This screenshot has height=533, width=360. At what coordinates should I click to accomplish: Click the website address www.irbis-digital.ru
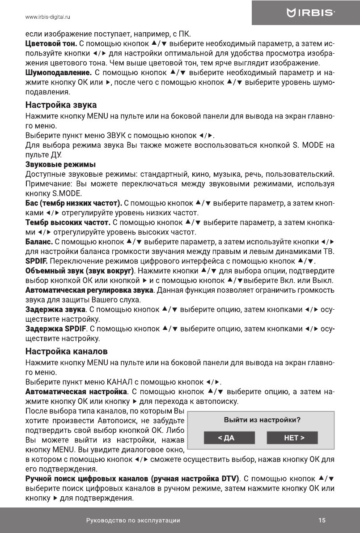point(49,17)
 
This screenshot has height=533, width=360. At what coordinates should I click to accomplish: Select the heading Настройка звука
point(61,106)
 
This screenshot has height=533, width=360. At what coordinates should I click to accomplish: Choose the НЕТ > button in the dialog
point(292,438)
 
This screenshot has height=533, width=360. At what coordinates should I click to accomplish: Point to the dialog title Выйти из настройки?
point(262,420)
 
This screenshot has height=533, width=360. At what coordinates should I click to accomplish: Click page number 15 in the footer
point(322,520)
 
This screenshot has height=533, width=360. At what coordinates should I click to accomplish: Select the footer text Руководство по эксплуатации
point(133,520)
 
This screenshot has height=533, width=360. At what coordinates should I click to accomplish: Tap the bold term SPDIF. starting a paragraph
point(37,261)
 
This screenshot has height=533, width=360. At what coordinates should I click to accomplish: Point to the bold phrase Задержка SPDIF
point(56,329)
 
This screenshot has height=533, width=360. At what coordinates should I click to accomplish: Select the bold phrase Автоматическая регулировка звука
point(89,290)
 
